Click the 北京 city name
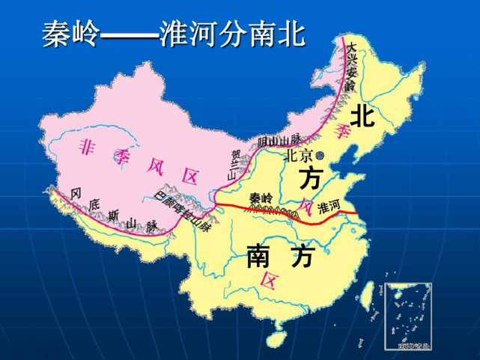297,156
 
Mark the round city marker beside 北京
320,156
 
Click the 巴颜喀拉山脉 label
182,213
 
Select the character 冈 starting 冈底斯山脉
76,194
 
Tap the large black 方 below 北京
311,179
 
